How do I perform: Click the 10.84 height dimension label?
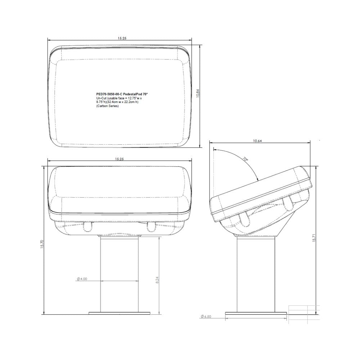197,94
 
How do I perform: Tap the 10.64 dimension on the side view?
257,141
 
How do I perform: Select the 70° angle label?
245,159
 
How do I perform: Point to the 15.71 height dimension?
314,239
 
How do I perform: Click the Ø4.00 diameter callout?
82,279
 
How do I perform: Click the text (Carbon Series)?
107,106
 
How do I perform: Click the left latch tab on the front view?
87,227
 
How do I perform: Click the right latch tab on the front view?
151,227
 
